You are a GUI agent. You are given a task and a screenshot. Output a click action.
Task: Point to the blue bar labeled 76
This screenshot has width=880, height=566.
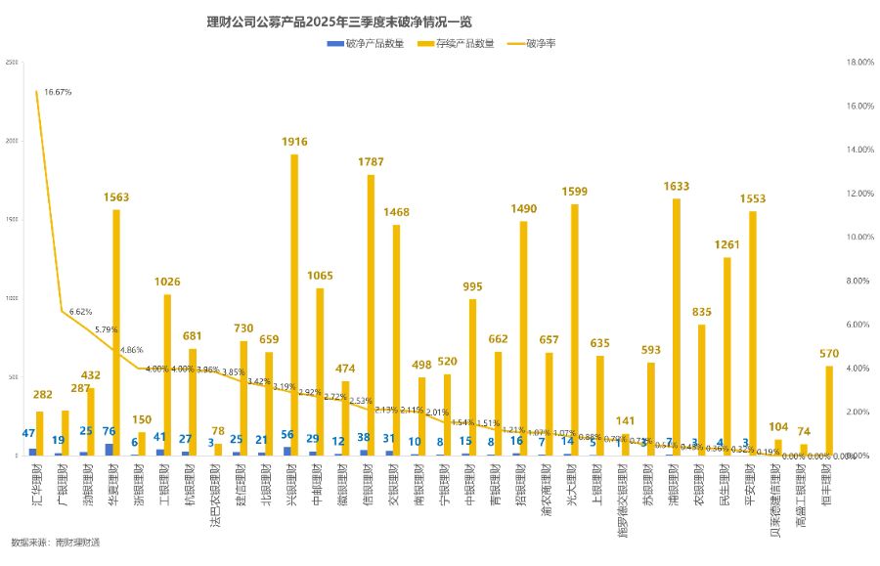pyautogui.click(x=109, y=450)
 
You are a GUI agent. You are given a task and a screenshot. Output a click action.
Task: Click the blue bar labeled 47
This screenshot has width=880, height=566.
pyautogui.click(x=32, y=452)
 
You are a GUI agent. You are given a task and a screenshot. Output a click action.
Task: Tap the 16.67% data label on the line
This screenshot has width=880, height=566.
pyautogui.click(x=58, y=92)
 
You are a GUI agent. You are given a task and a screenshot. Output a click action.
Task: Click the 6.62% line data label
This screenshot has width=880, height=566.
pyautogui.click(x=80, y=312)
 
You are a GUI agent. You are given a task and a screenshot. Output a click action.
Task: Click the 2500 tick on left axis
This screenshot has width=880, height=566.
pyautogui.click(x=12, y=62)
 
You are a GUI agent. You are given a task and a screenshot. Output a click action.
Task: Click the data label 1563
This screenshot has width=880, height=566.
pyautogui.click(x=116, y=196)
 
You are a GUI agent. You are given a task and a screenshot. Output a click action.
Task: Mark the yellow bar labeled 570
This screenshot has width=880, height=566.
pyautogui.click(x=828, y=411)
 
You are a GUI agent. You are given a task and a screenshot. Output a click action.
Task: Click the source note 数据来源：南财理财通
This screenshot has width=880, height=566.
pyautogui.click(x=56, y=541)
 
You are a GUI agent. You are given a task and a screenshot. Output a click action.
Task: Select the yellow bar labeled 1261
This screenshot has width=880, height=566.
pyautogui.click(x=726, y=357)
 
